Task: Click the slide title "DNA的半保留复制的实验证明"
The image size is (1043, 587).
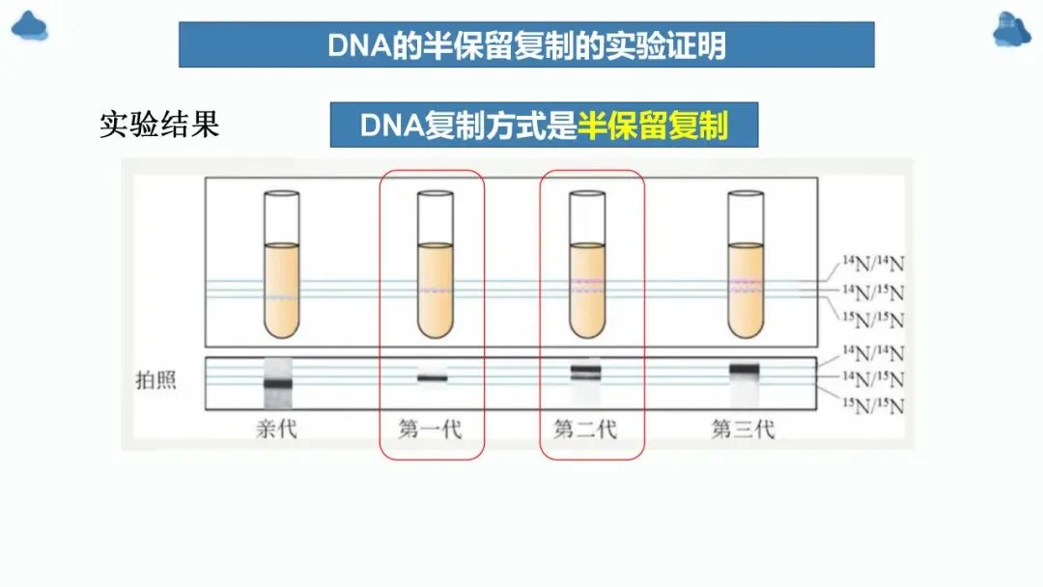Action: click(526, 45)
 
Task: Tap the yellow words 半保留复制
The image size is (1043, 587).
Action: click(653, 126)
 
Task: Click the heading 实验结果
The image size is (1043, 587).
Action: click(159, 125)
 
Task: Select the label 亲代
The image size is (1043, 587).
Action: click(276, 429)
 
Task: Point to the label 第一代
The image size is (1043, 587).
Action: click(431, 429)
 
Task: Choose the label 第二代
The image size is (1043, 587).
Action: click(585, 429)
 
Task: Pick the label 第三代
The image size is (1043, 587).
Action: click(743, 429)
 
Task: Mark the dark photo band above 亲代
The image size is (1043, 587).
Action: click(278, 383)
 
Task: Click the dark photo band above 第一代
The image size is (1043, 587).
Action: click(433, 378)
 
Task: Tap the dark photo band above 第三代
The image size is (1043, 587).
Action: click(745, 369)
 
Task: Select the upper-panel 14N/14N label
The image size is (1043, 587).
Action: click(873, 261)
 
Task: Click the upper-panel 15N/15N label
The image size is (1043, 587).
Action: click(873, 320)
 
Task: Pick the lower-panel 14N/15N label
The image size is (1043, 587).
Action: click(873, 379)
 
